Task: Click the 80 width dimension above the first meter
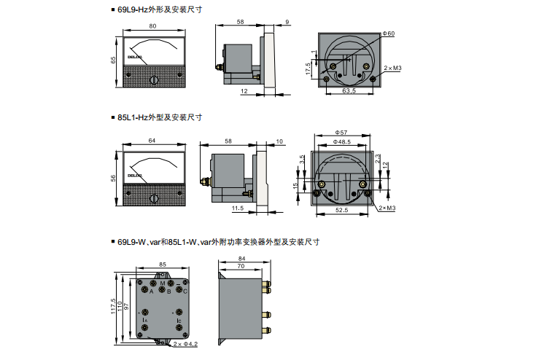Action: click(x=152, y=26)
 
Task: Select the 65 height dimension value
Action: click(x=114, y=60)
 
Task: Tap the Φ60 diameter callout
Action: click(x=388, y=34)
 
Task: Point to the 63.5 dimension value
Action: click(x=349, y=92)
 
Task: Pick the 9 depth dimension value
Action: click(x=287, y=23)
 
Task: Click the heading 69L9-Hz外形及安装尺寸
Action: click(x=159, y=10)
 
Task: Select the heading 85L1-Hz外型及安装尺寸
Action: click(x=159, y=117)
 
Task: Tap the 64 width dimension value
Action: click(x=152, y=141)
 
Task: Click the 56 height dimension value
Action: click(x=114, y=179)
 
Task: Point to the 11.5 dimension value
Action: click(x=237, y=208)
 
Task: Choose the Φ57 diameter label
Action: click(x=341, y=132)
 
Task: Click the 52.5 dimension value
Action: click(x=341, y=211)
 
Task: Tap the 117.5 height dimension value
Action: click(x=113, y=307)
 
